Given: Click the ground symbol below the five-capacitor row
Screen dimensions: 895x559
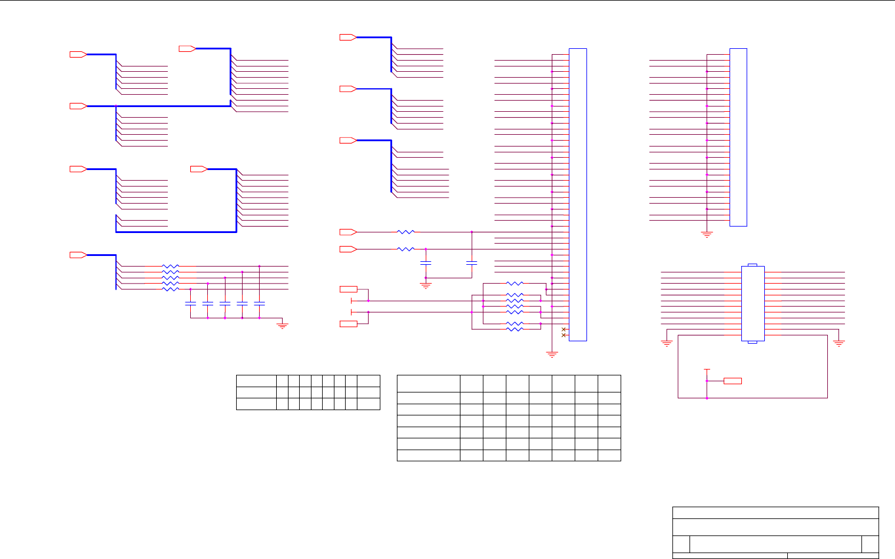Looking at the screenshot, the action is [x=283, y=325].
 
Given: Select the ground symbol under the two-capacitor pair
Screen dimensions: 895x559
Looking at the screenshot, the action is [x=426, y=285].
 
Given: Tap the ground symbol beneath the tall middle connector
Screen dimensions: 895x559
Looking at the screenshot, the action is [x=552, y=354].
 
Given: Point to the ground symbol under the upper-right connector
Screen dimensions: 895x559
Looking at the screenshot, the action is [x=707, y=234].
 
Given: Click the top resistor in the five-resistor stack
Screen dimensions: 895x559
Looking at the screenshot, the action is [x=170, y=267].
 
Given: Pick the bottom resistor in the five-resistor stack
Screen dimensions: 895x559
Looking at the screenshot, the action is [x=170, y=289].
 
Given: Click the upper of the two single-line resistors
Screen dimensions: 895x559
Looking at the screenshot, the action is [x=406, y=232].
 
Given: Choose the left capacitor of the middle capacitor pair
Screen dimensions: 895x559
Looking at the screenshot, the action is [x=426, y=262].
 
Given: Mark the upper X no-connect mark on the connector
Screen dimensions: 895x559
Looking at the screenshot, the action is [x=564, y=329].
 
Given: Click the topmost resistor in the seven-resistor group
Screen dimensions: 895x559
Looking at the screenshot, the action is [x=515, y=284].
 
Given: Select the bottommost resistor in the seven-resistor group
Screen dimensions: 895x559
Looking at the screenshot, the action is [x=515, y=329].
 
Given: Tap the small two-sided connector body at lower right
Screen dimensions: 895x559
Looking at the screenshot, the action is [x=753, y=303].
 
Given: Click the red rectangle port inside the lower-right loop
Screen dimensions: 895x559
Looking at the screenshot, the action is [x=732, y=381].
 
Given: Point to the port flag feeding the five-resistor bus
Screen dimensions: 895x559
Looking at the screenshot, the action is [x=78, y=255].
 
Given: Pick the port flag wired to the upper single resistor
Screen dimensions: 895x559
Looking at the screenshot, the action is [x=348, y=232].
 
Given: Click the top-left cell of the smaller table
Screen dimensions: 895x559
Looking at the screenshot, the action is [x=256, y=381].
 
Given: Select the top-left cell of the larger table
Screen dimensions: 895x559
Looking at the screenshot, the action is [x=429, y=383].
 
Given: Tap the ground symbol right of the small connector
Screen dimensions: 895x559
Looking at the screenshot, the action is [x=839, y=343].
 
